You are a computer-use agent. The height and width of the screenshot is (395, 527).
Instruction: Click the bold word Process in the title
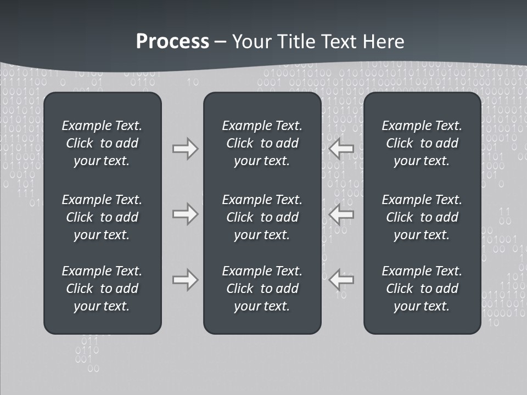tap(172, 42)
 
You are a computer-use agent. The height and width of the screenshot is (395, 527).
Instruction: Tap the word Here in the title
tap(384, 42)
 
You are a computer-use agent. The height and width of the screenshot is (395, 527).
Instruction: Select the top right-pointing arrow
tap(185, 149)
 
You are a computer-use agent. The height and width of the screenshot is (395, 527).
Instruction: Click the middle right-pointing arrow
tap(185, 214)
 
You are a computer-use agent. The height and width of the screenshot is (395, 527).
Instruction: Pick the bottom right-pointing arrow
tap(185, 279)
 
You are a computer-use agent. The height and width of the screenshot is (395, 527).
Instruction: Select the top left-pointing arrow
tap(341, 149)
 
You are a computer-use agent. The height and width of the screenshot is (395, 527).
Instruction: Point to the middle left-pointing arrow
tap(341, 214)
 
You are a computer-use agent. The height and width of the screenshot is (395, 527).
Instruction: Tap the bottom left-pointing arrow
tap(341, 279)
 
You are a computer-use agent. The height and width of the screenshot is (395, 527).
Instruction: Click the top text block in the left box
tap(102, 143)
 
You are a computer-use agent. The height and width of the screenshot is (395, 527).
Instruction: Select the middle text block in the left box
tap(102, 217)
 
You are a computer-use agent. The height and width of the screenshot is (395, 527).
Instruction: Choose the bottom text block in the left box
tap(102, 289)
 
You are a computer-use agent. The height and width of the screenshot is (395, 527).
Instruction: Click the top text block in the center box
tap(262, 143)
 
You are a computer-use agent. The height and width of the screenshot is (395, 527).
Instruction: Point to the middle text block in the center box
tap(262, 217)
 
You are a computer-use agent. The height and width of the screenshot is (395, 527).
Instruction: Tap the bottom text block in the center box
tap(262, 289)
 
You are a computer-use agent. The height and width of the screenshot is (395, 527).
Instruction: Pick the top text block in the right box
tap(422, 143)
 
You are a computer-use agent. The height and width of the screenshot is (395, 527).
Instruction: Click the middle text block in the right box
tap(422, 217)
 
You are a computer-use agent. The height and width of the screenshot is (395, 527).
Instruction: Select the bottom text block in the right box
tap(422, 289)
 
